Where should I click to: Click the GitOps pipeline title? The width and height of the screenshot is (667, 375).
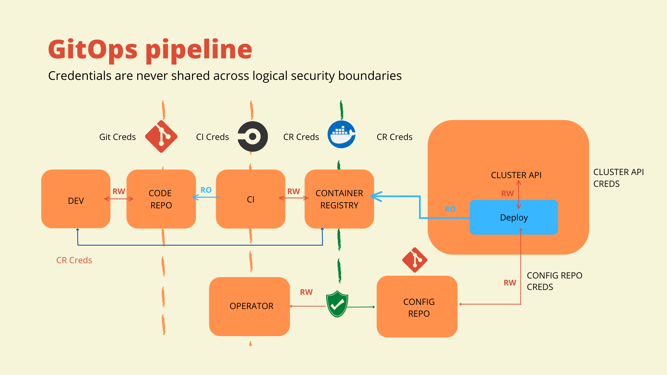pyautogui.click(x=150, y=49)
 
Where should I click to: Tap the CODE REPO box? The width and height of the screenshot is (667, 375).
pyautogui.click(x=161, y=199)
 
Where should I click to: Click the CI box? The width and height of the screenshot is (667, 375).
pyautogui.click(x=250, y=199)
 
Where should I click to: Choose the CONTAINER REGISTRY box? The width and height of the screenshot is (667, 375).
pyautogui.click(x=339, y=199)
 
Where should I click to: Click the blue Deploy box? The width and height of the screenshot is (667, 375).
pyautogui.click(x=513, y=217)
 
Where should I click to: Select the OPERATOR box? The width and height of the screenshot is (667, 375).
pyautogui.click(x=249, y=306)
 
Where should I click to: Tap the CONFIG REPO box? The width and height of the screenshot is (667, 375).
pyautogui.click(x=417, y=307)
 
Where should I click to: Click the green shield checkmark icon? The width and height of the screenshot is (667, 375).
pyautogui.click(x=337, y=304)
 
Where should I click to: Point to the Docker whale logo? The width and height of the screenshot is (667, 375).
pyautogui.click(x=341, y=134)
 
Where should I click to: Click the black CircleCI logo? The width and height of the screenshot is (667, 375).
pyautogui.click(x=253, y=136)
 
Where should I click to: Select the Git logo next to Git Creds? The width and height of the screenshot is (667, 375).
pyautogui.click(x=161, y=136)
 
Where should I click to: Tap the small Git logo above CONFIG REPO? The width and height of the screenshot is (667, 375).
pyautogui.click(x=414, y=260)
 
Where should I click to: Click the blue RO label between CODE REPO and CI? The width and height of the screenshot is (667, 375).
pyautogui.click(x=206, y=190)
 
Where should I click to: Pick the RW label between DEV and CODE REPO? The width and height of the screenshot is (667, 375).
pyautogui.click(x=119, y=191)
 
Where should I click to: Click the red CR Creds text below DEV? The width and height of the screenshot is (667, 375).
pyautogui.click(x=74, y=260)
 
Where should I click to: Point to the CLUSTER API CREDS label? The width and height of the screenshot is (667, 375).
pyautogui.click(x=618, y=178)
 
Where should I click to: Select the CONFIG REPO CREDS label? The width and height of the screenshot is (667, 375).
pyautogui.click(x=554, y=281)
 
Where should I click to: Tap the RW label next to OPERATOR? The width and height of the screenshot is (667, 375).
pyautogui.click(x=306, y=292)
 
